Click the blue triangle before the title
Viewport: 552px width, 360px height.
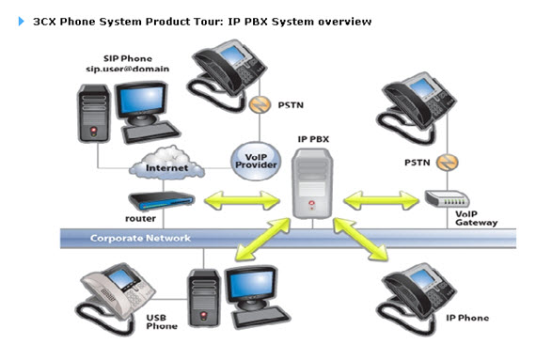point(21,22)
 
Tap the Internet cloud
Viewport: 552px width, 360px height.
point(166,164)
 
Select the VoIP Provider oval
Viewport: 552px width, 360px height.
point(256,161)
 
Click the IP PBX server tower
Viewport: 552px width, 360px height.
point(312,183)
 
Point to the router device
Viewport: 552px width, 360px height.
point(162,200)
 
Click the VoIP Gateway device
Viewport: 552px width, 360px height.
point(447,199)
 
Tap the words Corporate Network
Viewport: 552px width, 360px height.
point(140,238)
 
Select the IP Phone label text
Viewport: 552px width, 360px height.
point(467,318)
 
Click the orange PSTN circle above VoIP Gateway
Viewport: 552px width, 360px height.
point(447,163)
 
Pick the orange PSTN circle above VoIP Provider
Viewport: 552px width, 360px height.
point(260,104)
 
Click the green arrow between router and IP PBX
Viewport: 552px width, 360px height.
point(243,201)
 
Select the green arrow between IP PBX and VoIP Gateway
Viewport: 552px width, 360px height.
point(381,201)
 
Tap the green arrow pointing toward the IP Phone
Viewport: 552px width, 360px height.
point(360,240)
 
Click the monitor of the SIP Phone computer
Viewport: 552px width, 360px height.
point(141,102)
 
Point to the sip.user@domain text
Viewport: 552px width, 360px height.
point(128,69)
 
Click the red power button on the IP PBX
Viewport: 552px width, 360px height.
point(311,203)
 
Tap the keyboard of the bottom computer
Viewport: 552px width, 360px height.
point(261,316)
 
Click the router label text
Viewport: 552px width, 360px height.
point(140,218)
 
